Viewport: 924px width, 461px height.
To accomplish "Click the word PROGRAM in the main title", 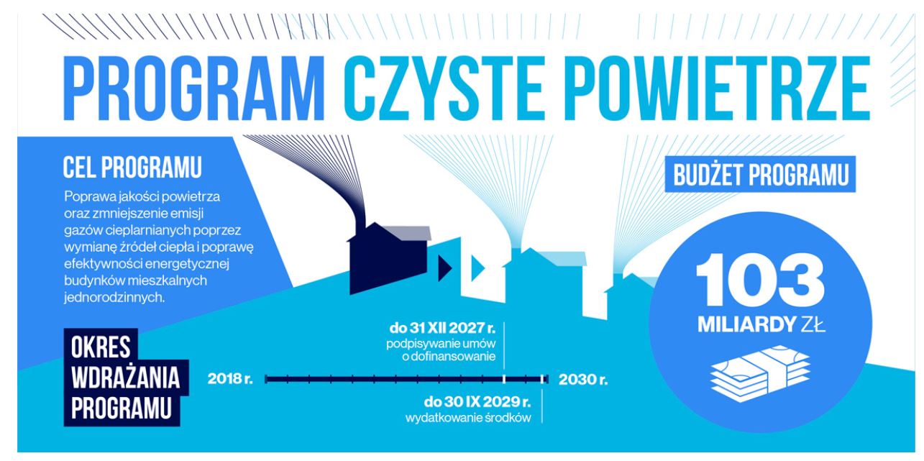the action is (194, 88).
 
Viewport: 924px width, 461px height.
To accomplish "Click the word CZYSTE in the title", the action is (442, 88).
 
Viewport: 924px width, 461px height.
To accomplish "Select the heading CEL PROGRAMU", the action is (132, 167).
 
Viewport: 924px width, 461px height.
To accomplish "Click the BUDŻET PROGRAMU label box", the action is (760, 174).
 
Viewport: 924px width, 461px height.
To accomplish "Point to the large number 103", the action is (760, 280).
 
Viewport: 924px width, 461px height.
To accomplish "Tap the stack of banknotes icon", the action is (760, 373).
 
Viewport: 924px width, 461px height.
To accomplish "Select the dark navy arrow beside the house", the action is (444, 268).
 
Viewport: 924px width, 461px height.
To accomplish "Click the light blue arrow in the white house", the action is (477, 268).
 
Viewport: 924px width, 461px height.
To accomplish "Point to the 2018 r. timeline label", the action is (230, 379).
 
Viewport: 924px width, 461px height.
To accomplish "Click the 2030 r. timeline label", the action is (583, 380).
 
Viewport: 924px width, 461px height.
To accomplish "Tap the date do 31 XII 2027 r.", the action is (442, 329).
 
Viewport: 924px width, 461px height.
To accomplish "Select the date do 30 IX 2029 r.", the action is (477, 401).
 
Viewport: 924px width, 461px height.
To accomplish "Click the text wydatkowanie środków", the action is (468, 418).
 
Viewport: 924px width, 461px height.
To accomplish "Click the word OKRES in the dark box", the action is (101, 347).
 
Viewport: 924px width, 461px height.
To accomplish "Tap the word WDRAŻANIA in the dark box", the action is (125, 378).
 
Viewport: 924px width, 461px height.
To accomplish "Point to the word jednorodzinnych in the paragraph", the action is (114, 298).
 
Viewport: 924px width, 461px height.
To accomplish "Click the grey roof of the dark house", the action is (408, 233).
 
